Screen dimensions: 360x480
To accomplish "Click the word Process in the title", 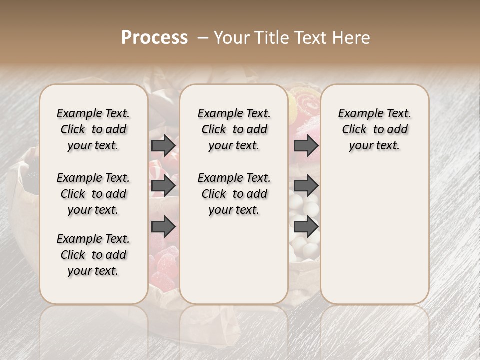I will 154,38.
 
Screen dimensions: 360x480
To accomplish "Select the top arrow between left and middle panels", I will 163,145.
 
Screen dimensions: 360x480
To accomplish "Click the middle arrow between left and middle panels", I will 163,186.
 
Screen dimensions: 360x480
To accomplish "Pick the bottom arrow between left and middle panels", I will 163,227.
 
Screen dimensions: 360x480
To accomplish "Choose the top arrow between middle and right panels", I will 306,145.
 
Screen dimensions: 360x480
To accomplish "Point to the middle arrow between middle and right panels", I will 306,186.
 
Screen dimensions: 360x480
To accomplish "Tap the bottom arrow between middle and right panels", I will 306,227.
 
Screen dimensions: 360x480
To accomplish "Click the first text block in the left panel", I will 93,129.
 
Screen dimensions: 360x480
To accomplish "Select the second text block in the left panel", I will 93,194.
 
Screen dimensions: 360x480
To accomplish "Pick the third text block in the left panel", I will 93,255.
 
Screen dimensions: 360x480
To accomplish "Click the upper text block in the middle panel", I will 234,129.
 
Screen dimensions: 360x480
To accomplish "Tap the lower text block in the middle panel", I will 234,194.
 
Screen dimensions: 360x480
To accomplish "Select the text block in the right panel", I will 374,129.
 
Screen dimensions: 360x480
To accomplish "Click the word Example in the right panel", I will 357,113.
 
